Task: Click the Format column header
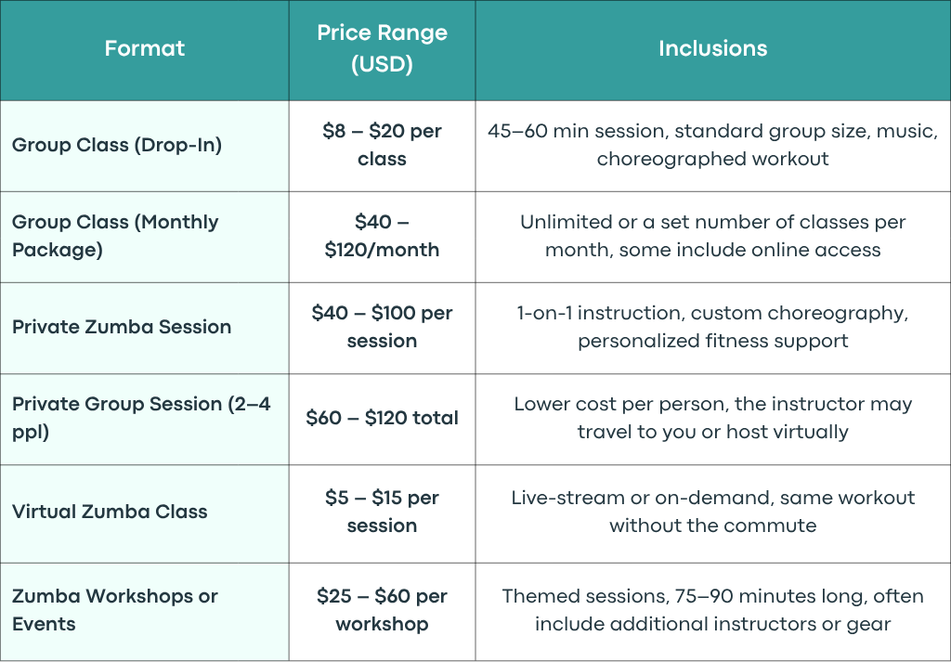coord(144,48)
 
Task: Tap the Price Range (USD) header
coord(382,48)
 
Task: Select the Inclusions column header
coord(712,48)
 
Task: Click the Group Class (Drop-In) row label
coord(117,145)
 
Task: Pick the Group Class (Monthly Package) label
coord(115,236)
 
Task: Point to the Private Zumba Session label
coord(122,327)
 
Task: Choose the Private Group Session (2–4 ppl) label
coord(141,418)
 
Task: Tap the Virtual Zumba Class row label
coord(110,512)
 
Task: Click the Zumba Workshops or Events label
coord(114,610)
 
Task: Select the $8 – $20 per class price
coord(382,145)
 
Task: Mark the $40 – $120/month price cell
coord(382,236)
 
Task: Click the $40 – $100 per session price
coord(382,327)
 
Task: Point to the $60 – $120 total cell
coord(382,418)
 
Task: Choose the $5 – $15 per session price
coord(382,512)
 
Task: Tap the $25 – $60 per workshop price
coord(382,610)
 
